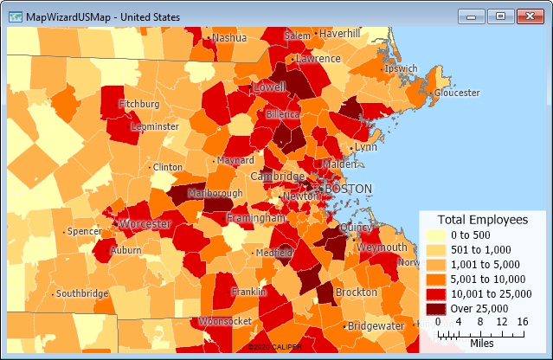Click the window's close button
(x=527, y=16)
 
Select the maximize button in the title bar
(x=499, y=16)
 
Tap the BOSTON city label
(x=347, y=189)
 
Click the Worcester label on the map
(x=145, y=224)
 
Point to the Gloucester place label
(x=456, y=93)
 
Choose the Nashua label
(x=229, y=38)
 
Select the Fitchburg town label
(x=139, y=104)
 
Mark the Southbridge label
(x=83, y=293)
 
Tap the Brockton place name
(x=356, y=292)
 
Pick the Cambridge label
(x=277, y=176)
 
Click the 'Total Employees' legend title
(x=482, y=220)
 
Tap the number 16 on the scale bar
(x=522, y=322)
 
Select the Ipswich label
(x=402, y=68)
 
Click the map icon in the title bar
(x=16, y=16)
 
